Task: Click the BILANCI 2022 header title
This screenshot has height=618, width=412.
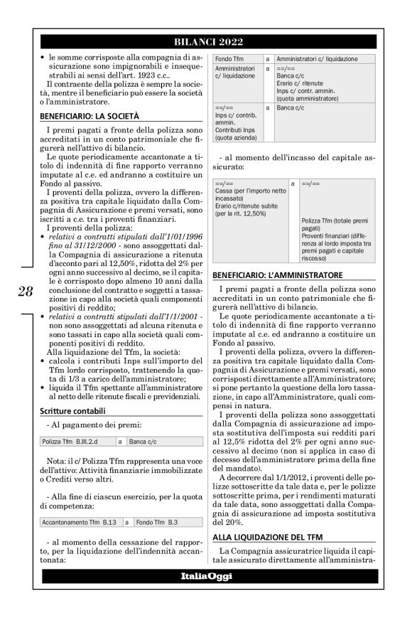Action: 206,41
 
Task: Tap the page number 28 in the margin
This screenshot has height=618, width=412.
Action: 25,291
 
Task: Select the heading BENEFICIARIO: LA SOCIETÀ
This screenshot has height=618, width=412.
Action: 90,115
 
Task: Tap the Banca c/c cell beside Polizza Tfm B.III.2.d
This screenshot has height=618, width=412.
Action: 143,442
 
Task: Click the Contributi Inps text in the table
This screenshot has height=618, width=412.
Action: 235,130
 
